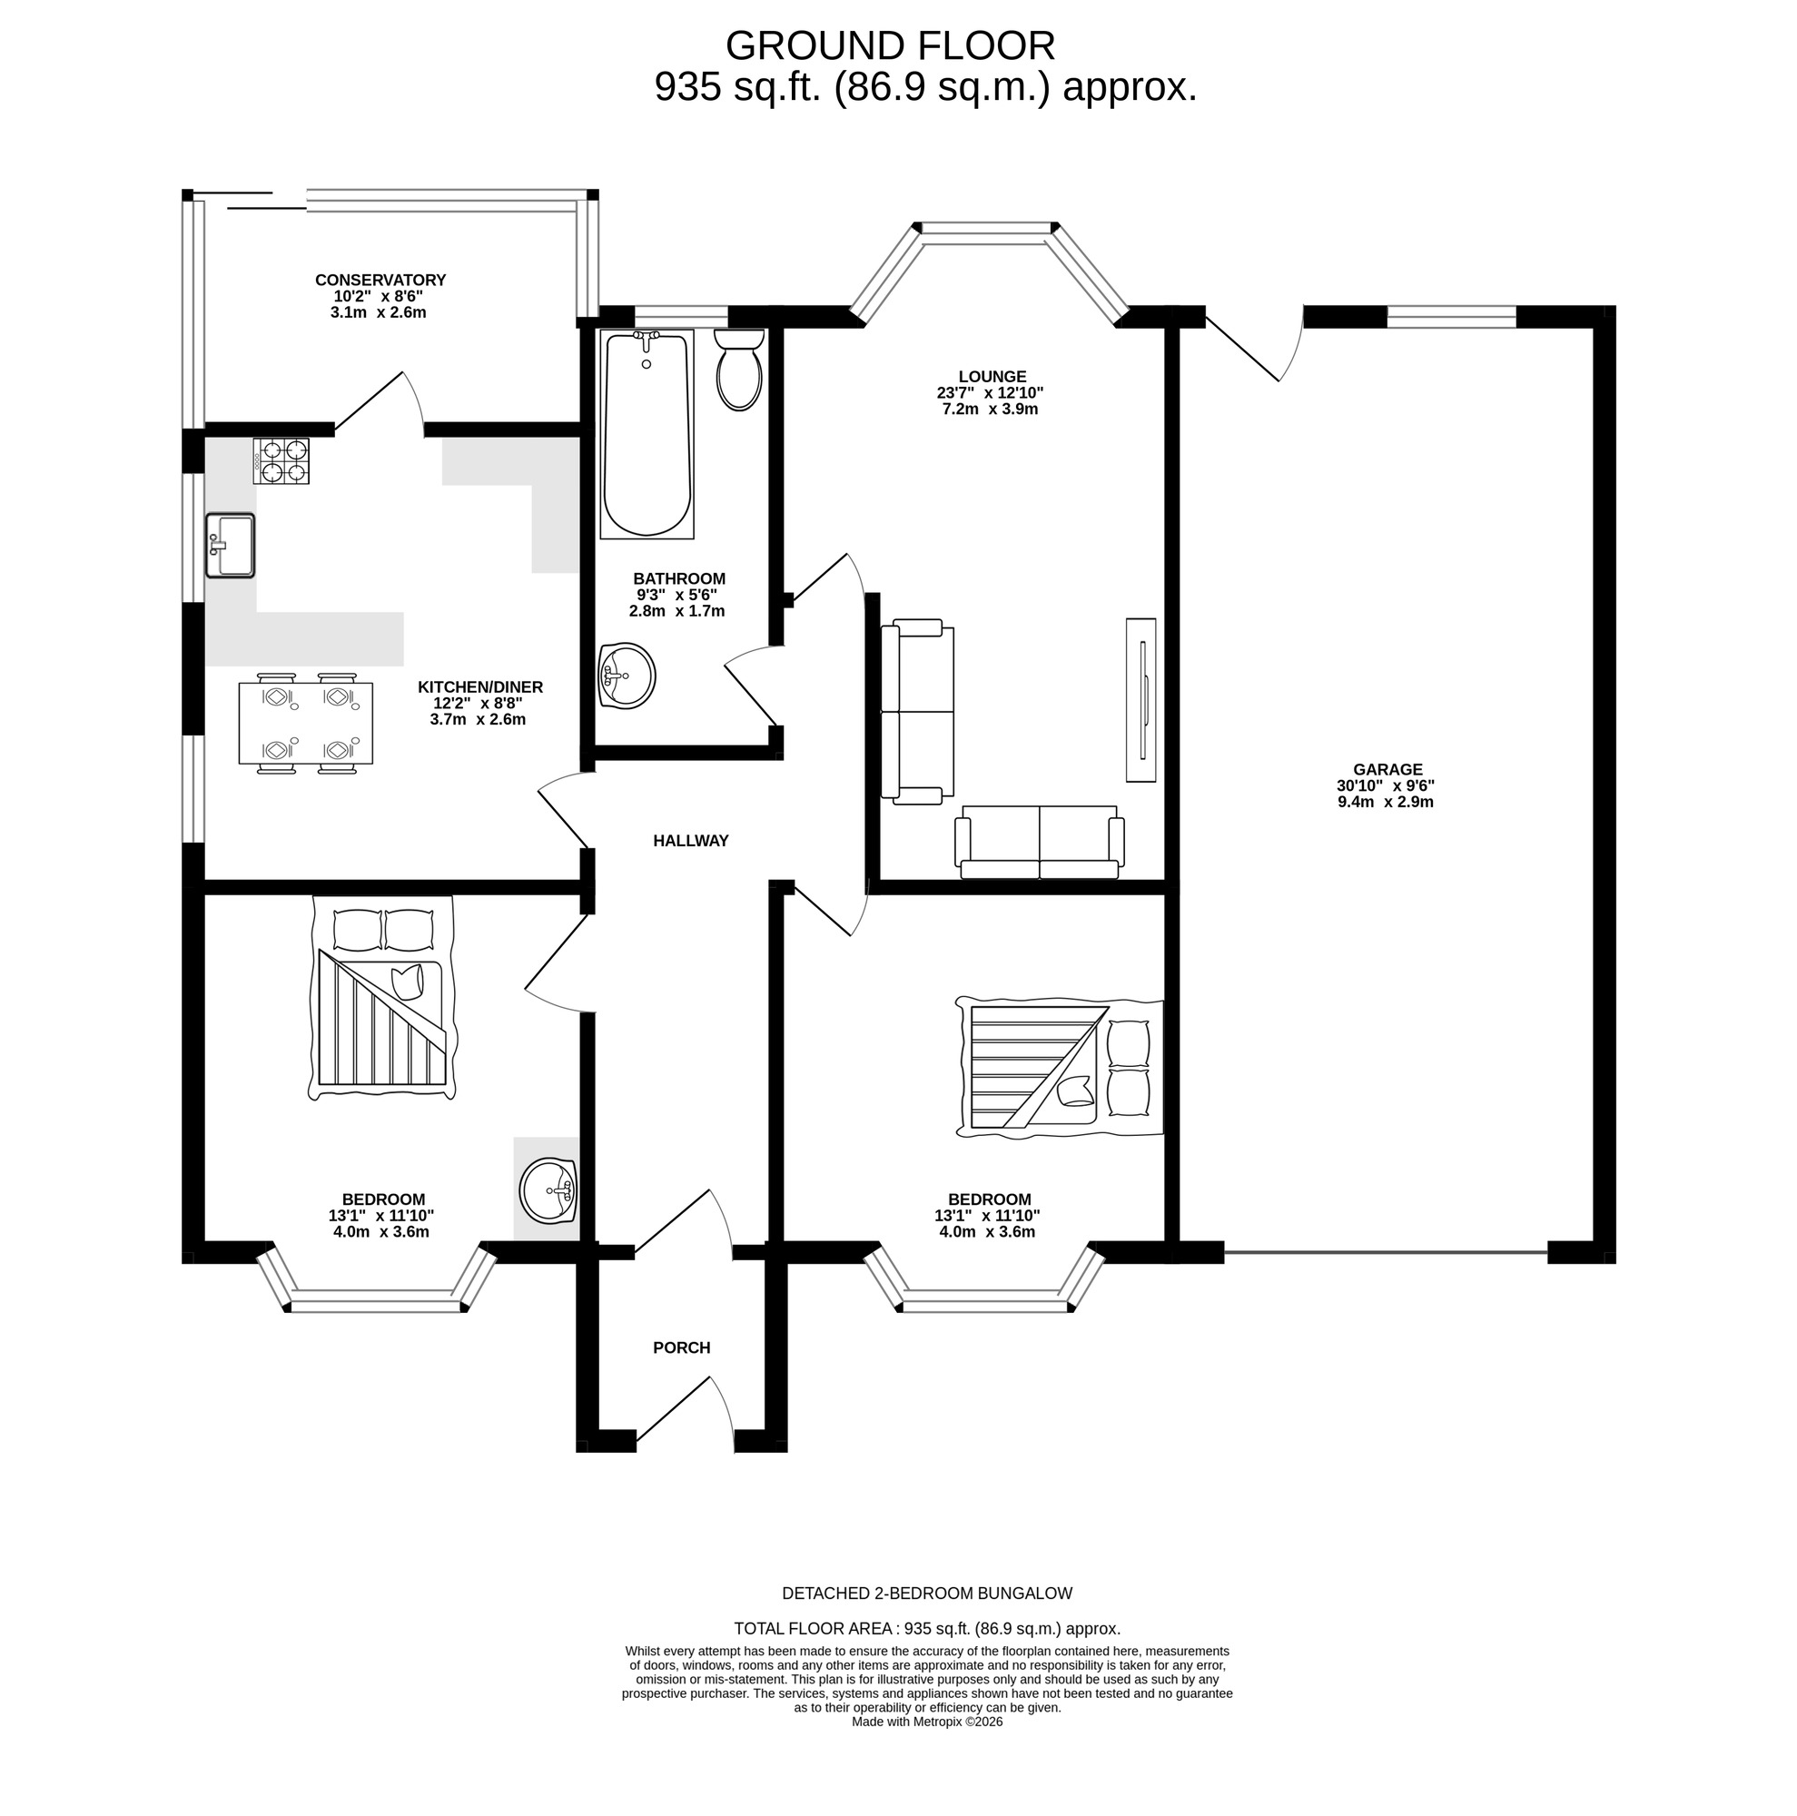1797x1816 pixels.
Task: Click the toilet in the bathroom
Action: [x=738, y=372]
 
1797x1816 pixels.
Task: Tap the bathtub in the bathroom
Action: [x=647, y=434]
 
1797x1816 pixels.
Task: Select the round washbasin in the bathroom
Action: [x=626, y=675]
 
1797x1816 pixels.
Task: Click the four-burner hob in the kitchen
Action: [x=280, y=461]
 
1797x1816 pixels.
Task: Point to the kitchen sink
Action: [x=231, y=545]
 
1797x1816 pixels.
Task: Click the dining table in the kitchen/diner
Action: [x=305, y=723]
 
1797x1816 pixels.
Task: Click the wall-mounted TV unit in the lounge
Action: [x=1140, y=699]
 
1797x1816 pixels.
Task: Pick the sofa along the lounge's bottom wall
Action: [x=1039, y=842]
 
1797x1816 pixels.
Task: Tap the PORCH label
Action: [x=681, y=1347]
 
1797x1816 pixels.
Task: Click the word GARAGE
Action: [x=1387, y=769]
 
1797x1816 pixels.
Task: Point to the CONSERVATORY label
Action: [x=380, y=280]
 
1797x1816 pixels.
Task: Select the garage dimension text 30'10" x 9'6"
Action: [x=1386, y=785]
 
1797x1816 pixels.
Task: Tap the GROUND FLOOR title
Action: [x=890, y=46]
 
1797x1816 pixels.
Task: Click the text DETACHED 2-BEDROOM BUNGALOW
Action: [x=926, y=1594]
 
